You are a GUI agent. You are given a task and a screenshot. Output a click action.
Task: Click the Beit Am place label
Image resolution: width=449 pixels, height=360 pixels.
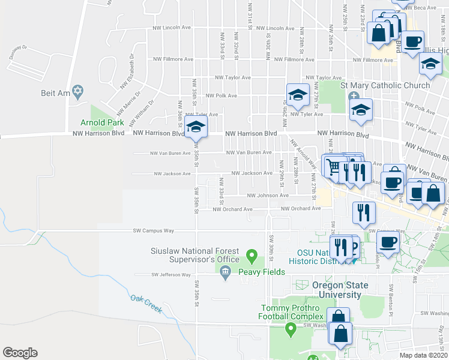[52, 92]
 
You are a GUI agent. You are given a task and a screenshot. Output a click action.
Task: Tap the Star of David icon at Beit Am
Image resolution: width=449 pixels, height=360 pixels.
[77, 92]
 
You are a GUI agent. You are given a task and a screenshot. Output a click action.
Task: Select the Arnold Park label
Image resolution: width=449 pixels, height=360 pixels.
[98, 122]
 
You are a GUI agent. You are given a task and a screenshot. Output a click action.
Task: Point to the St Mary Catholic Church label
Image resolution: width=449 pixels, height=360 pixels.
[385, 85]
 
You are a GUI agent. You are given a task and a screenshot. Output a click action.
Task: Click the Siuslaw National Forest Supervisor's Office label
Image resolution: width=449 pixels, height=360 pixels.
[195, 255]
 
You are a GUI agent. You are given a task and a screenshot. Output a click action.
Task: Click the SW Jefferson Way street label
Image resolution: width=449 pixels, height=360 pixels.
[170, 275]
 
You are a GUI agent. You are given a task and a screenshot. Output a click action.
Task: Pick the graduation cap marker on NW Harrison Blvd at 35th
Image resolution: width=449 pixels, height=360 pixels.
[196, 127]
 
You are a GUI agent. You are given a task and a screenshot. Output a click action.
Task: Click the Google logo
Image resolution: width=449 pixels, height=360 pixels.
[20, 353]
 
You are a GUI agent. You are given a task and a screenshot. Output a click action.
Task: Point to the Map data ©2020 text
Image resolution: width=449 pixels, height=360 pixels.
[423, 355]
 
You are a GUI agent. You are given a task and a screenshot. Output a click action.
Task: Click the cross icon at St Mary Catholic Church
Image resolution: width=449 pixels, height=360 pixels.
[354, 96]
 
